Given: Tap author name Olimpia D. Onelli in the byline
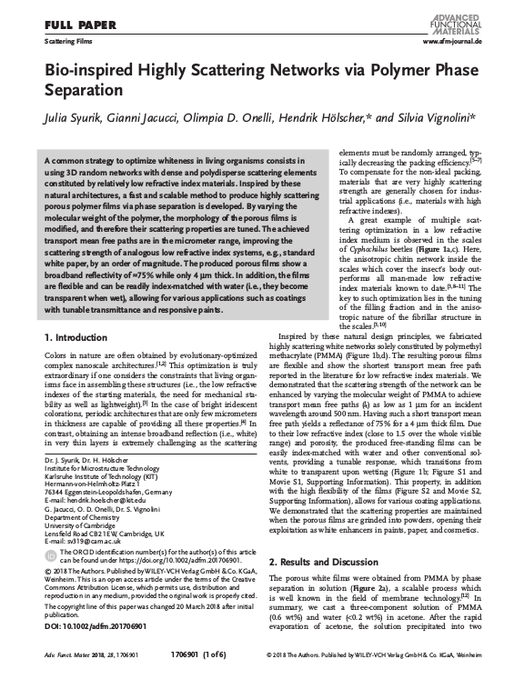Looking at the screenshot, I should click(241, 117).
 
